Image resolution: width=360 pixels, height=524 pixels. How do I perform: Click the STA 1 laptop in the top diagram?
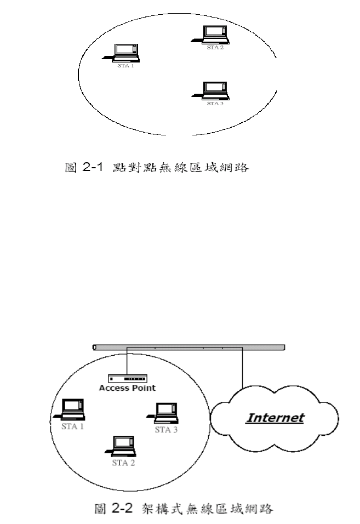[125, 52]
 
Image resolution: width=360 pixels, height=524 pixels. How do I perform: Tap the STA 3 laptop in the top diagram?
[214, 89]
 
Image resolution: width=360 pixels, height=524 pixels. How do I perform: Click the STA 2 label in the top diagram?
[215, 48]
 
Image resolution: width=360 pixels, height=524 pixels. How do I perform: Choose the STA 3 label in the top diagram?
[214, 103]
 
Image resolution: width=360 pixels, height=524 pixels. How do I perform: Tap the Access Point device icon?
[128, 379]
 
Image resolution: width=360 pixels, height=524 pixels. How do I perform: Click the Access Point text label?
[127, 388]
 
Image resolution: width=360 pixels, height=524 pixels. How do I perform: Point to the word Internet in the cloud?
[275, 418]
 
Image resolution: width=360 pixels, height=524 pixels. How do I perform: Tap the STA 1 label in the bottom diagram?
[72, 426]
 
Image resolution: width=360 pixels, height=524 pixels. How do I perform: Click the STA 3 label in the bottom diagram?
[167, 429]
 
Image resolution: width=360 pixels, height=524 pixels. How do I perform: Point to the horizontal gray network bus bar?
[189, 347]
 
